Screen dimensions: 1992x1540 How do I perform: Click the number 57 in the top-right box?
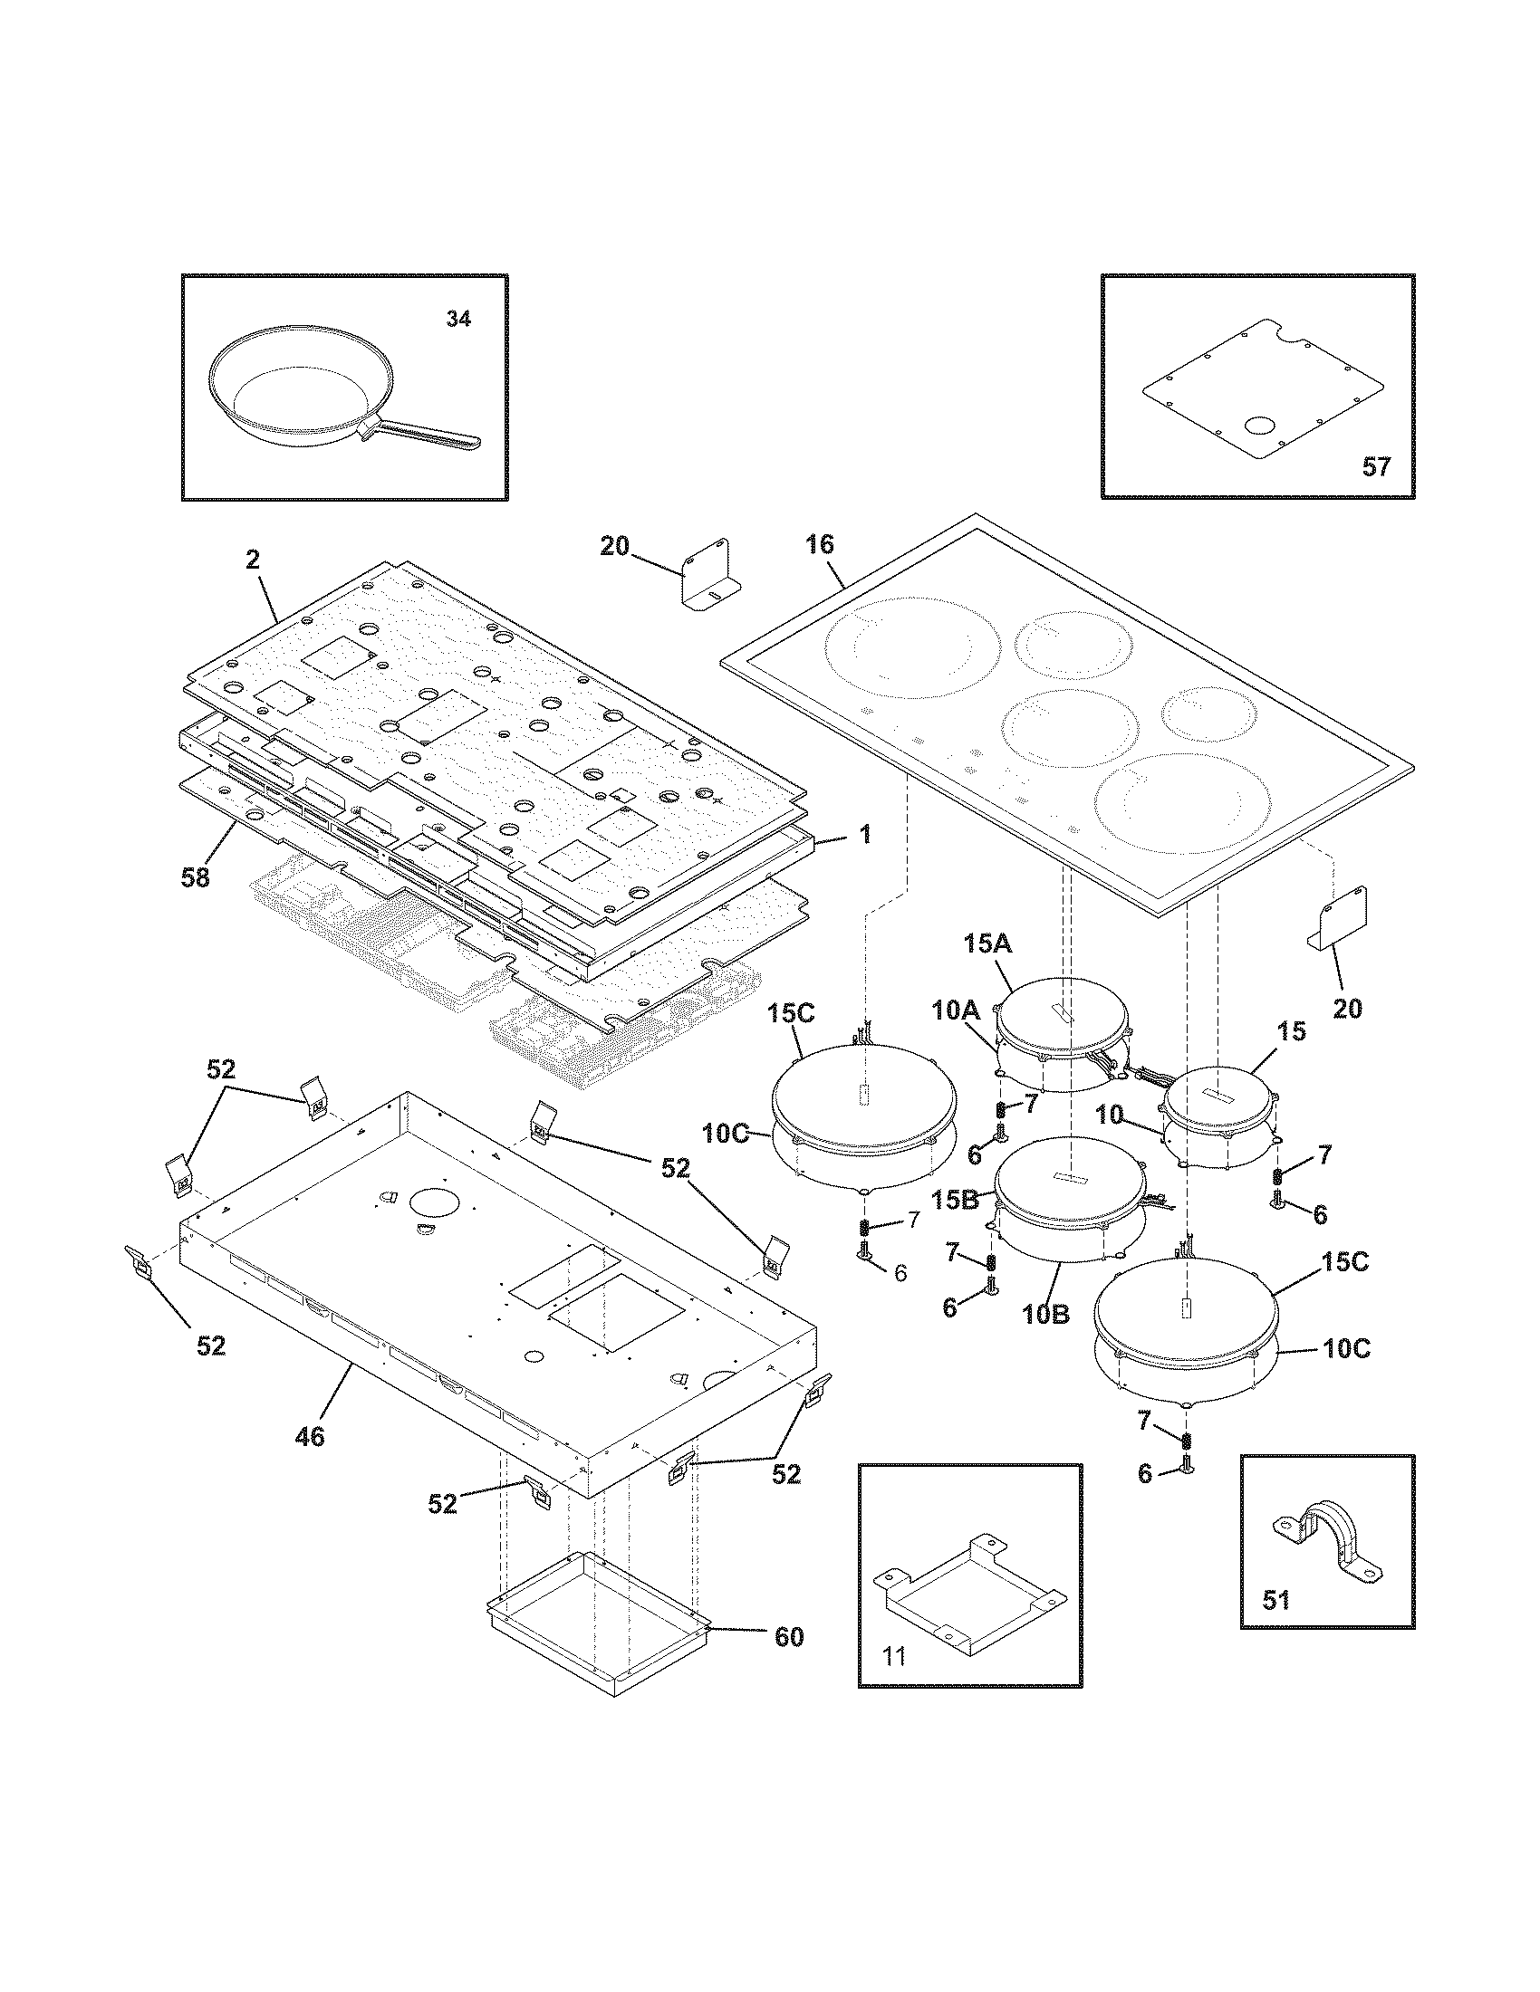pyautogui.click(x=1376, y=467)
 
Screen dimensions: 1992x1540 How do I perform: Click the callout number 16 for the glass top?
pyautogui.click(x=819, y=544)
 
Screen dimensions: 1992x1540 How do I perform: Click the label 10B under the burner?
pyautogui.click(x=1046, y=1315)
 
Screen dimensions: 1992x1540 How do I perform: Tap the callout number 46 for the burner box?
pyautogui.click(x=310, y=1437)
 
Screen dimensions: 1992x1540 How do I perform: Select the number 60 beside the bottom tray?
pyautogui.click(x=788, y=1636)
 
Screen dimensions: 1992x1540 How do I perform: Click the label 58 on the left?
pyautogui.click(x=196, y=877)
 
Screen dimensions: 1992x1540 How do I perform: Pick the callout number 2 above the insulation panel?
pyautogui.click(x=253, y=559)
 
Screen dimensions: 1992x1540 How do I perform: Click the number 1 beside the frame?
pyautogui.click(x=865, y=833)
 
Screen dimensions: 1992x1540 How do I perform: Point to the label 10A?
pyautogui.click(x=955, y=1010)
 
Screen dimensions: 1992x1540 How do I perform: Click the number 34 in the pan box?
pyautogui.click(x=458, y=319)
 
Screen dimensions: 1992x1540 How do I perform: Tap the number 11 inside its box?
pyautogui.click(x=895, y=1655)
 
